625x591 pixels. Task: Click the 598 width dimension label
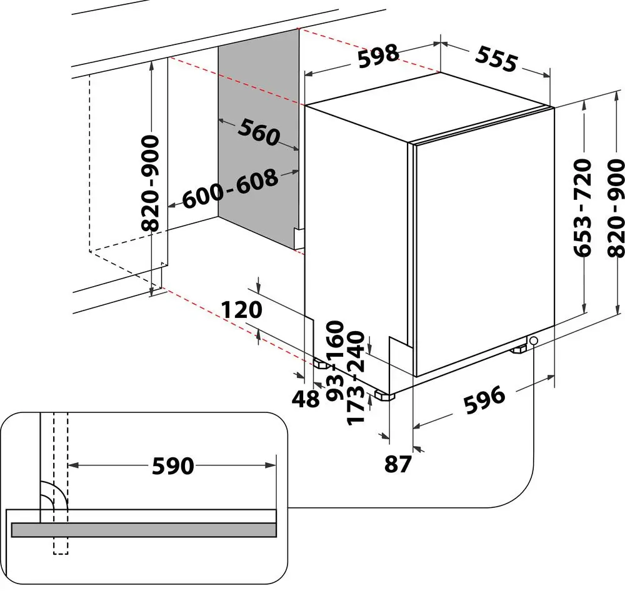[x=378, y=55]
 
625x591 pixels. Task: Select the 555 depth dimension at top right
[x=496, y=59]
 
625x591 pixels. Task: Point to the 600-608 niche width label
[x=230, y=189]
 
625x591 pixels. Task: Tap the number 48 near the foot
[x=307, y=399]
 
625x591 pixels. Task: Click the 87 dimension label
[x=397, y=464]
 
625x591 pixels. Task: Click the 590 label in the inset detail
[x=172, y=465]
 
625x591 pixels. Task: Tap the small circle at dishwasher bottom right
[x=533, y=340]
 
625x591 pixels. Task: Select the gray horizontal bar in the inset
[x=144, y=529]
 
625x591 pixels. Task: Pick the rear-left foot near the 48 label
[x=320, y=364]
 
